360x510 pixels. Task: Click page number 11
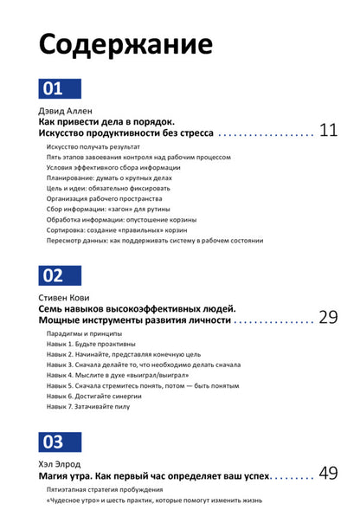click(x=327, y=132)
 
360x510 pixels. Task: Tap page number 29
click(x=327, y=318)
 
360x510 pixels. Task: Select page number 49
click(x=327, y=474)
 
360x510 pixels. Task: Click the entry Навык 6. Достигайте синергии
click(x=93, y=394)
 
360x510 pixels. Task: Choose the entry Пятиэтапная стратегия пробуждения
click(x=106, y=489)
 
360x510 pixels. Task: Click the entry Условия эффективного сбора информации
click(x=112, y=168)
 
